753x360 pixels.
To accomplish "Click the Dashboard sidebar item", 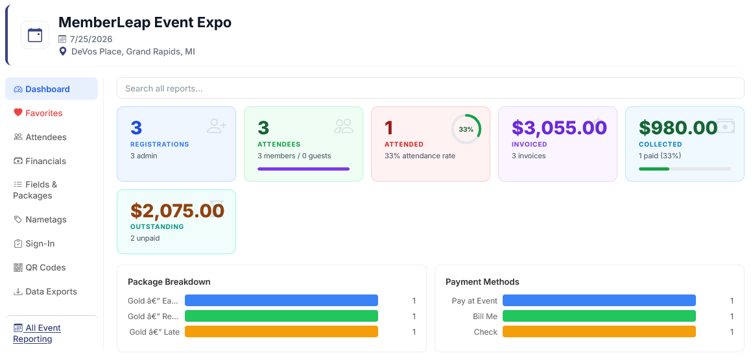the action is click(x=51, y=89).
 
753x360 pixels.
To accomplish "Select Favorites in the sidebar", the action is click(x=38, y=113).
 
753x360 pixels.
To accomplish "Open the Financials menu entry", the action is click(x=40, y=161).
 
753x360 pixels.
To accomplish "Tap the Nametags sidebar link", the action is click(x=40, y=219).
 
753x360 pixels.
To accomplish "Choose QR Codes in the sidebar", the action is click(x=40, y=267).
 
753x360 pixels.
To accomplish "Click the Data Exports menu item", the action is click(x=45, y=291).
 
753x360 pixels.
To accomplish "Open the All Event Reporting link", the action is click(x=37, y=333).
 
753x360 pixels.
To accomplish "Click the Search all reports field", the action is click(x=430, y=88).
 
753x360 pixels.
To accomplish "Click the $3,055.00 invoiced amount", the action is click(x=559, y=128).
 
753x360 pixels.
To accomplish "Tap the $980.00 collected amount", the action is click(x=678, y=128).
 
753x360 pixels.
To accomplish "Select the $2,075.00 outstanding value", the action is click(x=177, y=210).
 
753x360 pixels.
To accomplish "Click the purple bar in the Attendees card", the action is click(x=304, y=169).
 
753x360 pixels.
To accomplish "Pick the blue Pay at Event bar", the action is click(x=599, y=300).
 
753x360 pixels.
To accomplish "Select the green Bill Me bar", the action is click(x=599, y=316).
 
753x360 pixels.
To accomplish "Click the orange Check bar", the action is click(x=599, y=331).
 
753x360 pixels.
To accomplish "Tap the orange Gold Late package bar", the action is click(x=281, y=331).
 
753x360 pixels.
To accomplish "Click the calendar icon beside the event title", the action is click(x=35, y=35).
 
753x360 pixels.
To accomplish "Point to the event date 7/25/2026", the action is click(x=91, y=39).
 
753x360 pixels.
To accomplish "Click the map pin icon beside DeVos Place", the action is click(x=62, y=51).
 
